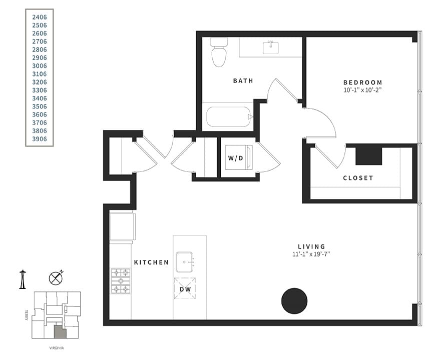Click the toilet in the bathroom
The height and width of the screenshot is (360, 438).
tap(219, 52)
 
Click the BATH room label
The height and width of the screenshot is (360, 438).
tap(243, 80)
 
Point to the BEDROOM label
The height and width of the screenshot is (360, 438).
tap(362, 82)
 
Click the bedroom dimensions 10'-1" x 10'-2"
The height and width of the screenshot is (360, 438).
tap(362, 90)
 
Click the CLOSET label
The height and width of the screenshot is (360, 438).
tap(358, 178)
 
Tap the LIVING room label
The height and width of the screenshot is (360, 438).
tap(311, 246)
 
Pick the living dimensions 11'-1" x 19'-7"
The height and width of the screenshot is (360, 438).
tap(311, 254)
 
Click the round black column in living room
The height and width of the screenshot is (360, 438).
tap(294, 301)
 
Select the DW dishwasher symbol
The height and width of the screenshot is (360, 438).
tap(184, 288)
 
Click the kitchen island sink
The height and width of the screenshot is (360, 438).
tap(185, 260)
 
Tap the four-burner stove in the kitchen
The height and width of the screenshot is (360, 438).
tap(120, 281)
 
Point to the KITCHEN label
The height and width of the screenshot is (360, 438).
tap(151, 262)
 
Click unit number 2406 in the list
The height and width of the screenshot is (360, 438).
tap(40, 17)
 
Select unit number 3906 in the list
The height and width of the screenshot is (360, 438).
tap(40, 139)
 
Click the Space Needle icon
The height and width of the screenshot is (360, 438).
tap(23, 279)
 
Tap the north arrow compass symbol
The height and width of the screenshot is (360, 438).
tap(56, 278)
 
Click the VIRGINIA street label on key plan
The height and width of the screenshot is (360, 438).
tap(56, 347)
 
